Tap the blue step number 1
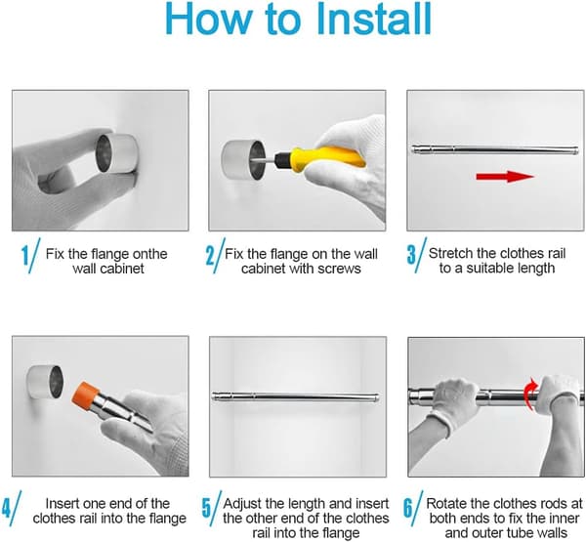[x=25, y=256]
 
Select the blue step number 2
[x=210, y=256]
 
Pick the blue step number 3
[x=411, y=255]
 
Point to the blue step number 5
[x=206, y=508]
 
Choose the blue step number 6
[x=408, y=508]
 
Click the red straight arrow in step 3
[x=505, y=176]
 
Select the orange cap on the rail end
[x=86, y=395]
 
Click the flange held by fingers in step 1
[x=116, y=153]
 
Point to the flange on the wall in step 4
[x=45, y=382]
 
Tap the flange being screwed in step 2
[x=243, y=159]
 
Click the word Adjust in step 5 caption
[x=242, y=504]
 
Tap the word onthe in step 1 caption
[x=148, y=254]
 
